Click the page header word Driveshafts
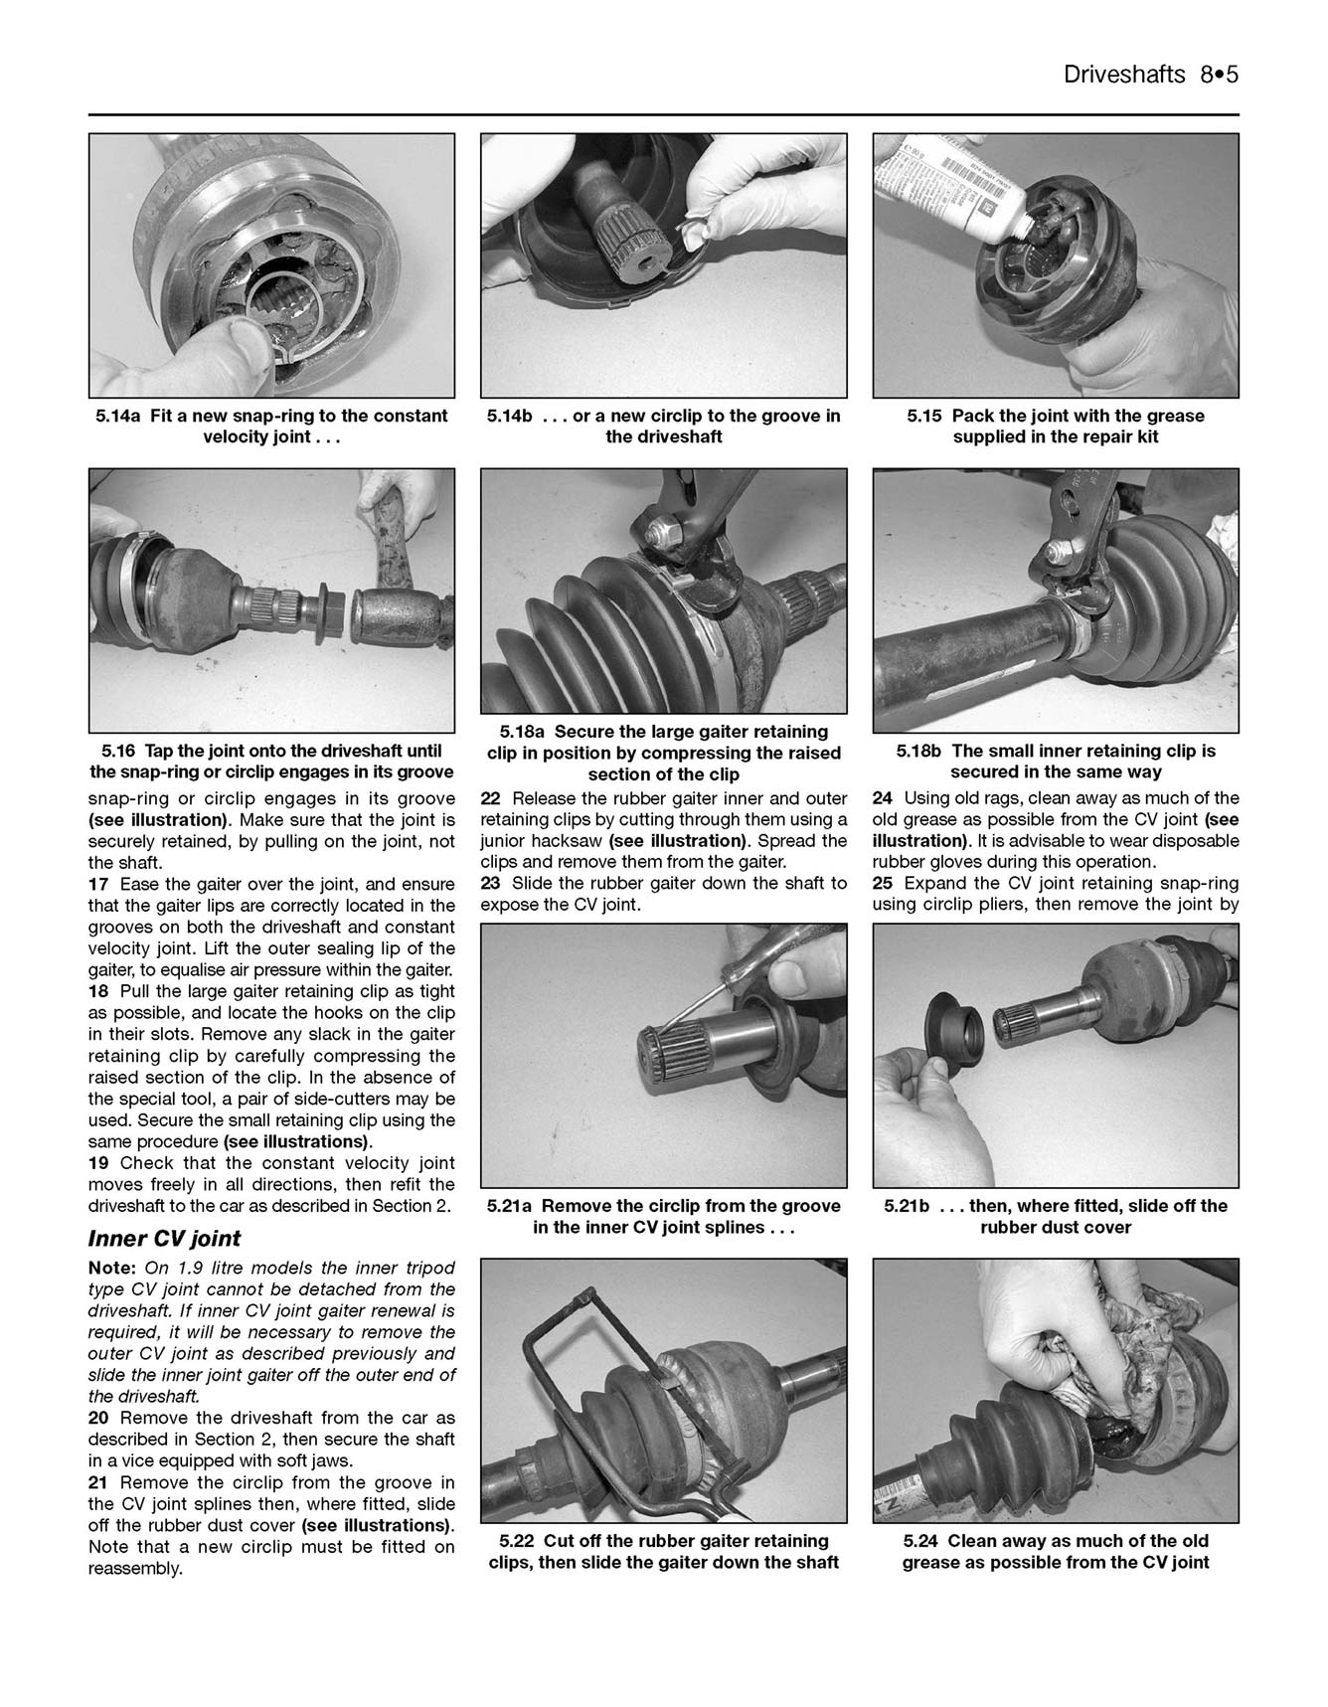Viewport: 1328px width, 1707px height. point(1123,75)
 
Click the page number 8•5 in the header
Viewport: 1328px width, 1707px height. point(1218,75)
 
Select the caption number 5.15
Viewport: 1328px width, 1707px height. point(925,416)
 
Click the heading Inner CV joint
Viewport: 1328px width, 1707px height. point(164,1239)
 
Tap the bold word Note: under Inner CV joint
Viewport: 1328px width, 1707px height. point(112,1269)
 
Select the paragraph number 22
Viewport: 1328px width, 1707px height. point(491,798)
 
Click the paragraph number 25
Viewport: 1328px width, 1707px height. point(883,884)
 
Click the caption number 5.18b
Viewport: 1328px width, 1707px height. point(920,751)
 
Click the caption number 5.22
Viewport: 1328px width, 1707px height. point(517,1541)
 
